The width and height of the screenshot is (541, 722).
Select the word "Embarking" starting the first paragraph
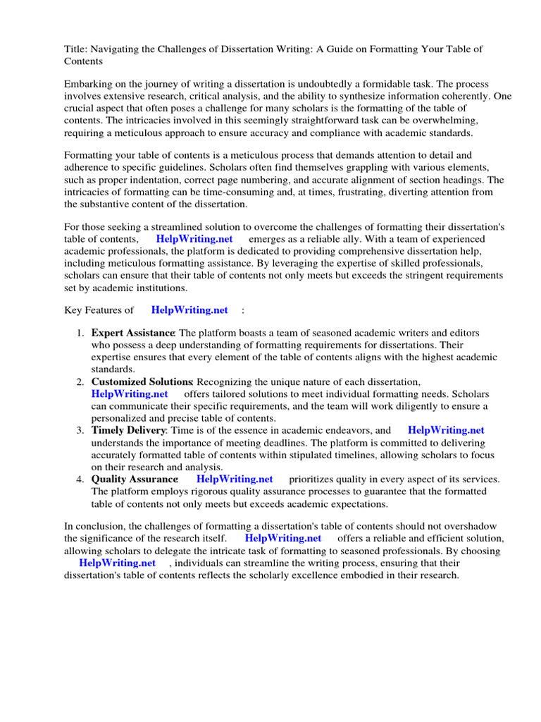coord(88,83)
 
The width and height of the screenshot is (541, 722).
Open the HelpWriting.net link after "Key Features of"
coord(189,310)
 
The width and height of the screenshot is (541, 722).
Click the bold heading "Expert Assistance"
coord(132,333)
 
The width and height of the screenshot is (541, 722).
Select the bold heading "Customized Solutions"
coord(142,381)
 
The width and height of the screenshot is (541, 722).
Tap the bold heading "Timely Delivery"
coord(128,430)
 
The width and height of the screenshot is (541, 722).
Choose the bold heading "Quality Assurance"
coord(134,479)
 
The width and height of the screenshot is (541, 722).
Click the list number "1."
coord(81,333)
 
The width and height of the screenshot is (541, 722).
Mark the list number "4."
coord(81,479)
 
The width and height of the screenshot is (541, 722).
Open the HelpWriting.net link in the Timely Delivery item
coord(446,430)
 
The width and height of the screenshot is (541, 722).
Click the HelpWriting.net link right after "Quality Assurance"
coord(235,479)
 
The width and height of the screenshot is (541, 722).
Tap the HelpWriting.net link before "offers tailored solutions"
coord(130,394)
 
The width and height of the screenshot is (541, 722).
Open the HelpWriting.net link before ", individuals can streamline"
coord(117,563)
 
